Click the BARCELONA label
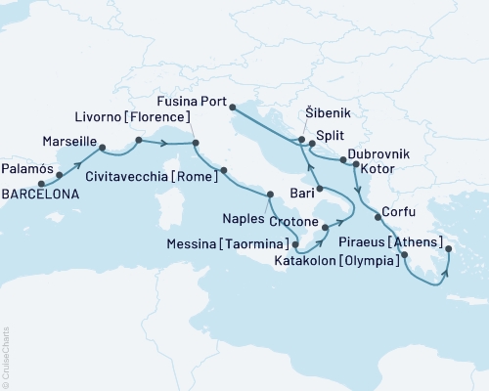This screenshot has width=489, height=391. pos(35,195)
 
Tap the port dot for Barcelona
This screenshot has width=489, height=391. pos(41,183)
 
